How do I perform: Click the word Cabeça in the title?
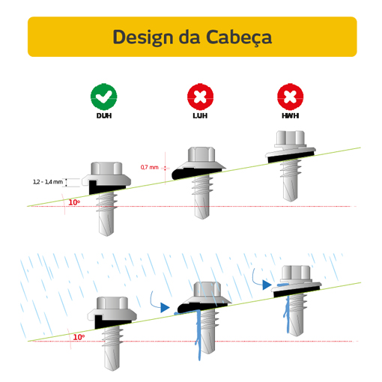239,37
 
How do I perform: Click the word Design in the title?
143,37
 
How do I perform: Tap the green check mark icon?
103,97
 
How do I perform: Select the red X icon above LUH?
200,97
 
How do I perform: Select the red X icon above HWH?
290,97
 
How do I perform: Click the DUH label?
104,116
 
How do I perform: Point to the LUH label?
200,116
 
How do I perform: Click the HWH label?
291,116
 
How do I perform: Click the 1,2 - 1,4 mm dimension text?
48,182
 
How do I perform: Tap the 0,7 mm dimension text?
149,167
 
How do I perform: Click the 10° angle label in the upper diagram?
74,202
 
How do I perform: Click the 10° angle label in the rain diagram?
79,337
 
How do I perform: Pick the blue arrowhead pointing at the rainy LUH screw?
165,307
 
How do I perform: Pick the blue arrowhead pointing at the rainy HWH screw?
267,285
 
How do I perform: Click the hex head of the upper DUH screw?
106,169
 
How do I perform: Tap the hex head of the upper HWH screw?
291,137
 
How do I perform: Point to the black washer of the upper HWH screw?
291,157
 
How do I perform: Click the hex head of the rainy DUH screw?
112,303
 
